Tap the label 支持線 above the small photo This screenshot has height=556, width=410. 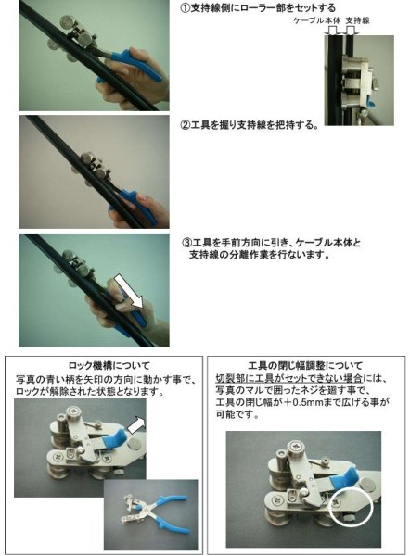pos(359,19)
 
